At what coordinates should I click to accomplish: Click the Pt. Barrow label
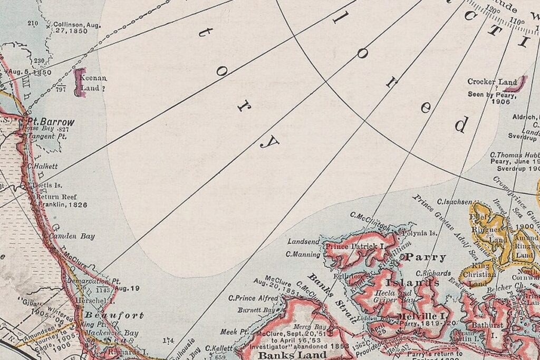click(x=51, y=122)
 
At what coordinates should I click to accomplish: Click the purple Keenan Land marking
click(x=80, y=82)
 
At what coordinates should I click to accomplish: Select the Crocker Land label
click(x=493, y=82)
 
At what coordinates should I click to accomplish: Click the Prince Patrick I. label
click(x=354, y=246)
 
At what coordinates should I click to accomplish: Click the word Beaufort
click(x=114, y=316)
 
